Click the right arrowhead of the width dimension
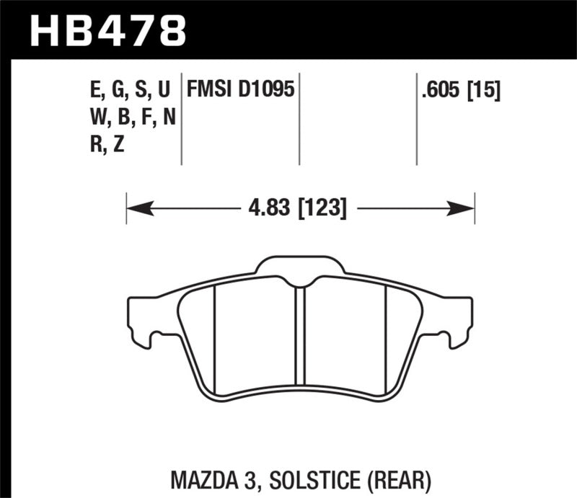pyautogui.click(x=462, y=210)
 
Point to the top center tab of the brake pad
pyautogui.click(x=301, y=265)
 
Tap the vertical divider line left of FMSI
pyautogui.click(x=181, y=119)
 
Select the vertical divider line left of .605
pyautogui.click(x=416, y=119)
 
